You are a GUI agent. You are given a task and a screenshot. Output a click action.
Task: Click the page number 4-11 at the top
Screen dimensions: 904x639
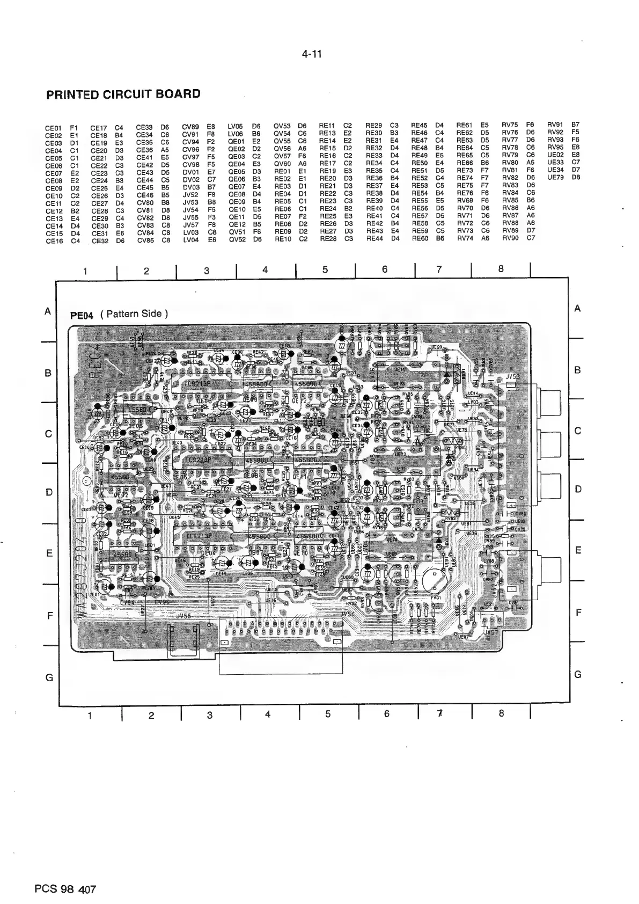point(311,54)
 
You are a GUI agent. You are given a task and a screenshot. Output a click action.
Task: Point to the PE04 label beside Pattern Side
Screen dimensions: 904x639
point(82,315)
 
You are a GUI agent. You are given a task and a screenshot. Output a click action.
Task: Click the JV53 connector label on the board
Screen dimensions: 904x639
point(512,377)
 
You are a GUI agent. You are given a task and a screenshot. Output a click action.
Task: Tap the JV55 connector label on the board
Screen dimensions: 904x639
point(183,617)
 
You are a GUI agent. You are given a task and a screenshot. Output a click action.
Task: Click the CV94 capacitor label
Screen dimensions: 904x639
point(128,602)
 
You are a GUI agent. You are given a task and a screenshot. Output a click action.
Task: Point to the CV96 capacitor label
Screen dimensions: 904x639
point(161,602)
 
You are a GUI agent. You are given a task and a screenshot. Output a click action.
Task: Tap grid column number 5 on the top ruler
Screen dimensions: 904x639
point(325,270)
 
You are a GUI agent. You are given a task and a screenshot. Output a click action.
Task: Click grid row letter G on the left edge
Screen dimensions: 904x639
point(49,677)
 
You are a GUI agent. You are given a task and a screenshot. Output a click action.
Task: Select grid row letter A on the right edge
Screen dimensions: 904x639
point(577,309)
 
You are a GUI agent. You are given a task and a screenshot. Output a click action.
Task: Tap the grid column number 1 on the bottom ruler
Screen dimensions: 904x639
point(90,715)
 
